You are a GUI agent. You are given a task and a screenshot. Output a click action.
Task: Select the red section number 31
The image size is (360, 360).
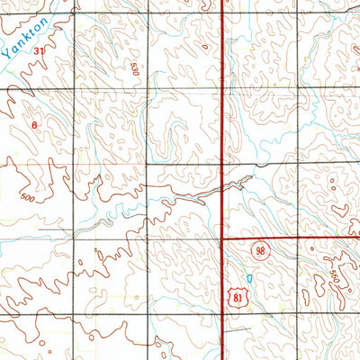coord(39,52)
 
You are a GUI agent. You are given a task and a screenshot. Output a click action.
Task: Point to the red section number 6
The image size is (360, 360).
coord(35,125)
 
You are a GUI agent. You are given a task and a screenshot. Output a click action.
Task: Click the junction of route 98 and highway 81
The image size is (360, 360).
coord(222,238)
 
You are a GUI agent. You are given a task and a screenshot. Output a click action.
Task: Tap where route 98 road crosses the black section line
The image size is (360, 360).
coord(299,238)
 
